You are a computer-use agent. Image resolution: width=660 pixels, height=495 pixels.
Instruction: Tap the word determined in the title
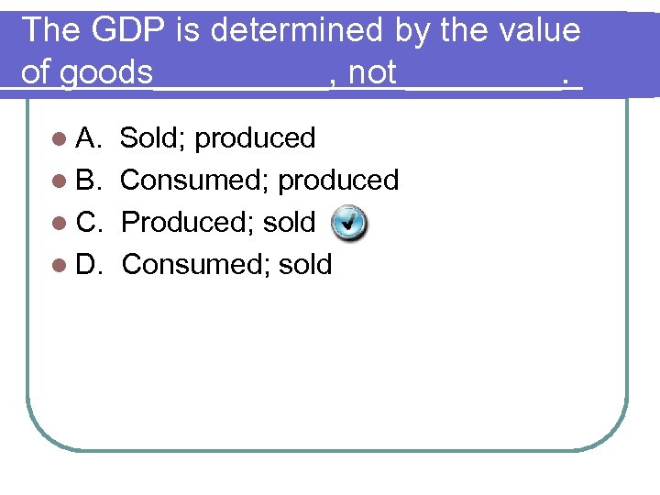point(308,30)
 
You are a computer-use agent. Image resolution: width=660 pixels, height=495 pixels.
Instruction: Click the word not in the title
point(372,73)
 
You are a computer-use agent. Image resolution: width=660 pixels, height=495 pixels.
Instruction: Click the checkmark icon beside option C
point(348,222)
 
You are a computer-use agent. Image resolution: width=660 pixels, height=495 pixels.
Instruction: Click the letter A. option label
point(89,138)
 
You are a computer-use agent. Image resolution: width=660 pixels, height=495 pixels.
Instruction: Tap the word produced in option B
point(338,181)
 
